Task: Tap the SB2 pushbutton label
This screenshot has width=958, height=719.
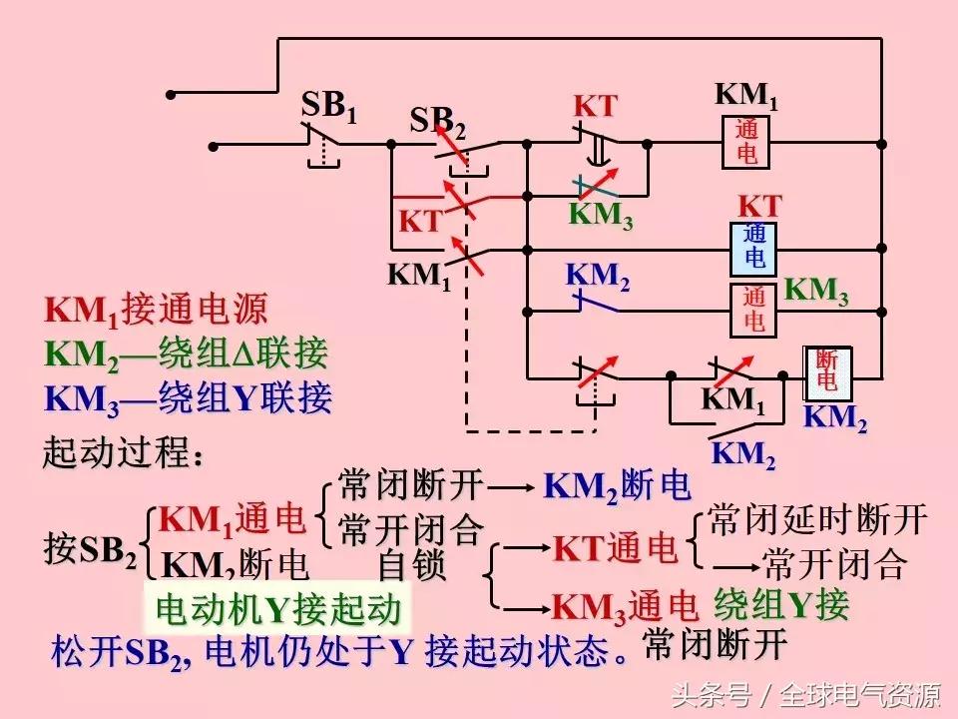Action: point(437,123)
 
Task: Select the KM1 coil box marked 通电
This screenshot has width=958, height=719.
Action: point(747,142)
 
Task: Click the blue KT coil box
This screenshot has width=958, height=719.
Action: point(754,247)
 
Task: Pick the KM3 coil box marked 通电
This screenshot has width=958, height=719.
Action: point(754,310)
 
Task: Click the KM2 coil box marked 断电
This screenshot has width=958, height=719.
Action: point(827,370)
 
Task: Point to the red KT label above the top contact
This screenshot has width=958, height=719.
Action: point(595,107)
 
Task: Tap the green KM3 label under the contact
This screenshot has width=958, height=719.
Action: point(601,215)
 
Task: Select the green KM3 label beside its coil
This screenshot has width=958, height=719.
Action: point(816,291)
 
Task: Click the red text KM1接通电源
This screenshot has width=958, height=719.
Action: point(156,311)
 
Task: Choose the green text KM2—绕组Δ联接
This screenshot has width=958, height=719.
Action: point(186,354)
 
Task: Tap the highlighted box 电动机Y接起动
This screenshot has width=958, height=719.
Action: point(278,608)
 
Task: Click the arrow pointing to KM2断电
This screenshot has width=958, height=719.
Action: point(512,488)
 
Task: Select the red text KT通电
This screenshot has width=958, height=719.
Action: point(615,548)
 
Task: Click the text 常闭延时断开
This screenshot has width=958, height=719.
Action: point(817,519)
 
